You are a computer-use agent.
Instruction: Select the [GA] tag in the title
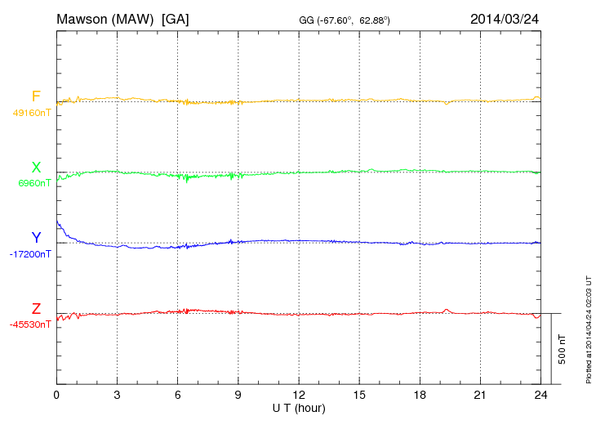(x=176, y=18)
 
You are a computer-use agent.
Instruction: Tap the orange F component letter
(x=36, y=97)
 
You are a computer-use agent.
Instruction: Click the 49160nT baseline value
(x=32, y=113)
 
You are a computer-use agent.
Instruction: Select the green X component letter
(x=36, y=168)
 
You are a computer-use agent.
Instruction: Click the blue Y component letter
(x=36, y=238)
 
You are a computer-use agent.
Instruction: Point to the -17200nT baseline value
(x=31, y=254)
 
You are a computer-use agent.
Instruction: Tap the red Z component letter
(x=36, y=309)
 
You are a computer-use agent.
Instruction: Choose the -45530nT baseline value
(x=31, y=324)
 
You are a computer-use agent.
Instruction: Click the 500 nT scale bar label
(x=563, y=349)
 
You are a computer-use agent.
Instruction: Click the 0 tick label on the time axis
(x=56, y=395)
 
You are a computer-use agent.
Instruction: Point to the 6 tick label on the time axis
(x=178, y=395)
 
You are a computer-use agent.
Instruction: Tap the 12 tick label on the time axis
(x=299, y=395)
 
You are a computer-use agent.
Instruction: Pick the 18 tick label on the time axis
(x=420, y=395)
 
